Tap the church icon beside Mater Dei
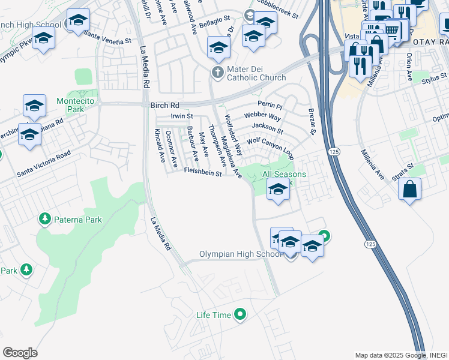218,73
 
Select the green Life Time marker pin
240,314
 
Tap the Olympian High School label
240,254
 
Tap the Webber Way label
262,116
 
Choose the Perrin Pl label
270,104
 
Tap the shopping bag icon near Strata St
410,190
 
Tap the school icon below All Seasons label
278,190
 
